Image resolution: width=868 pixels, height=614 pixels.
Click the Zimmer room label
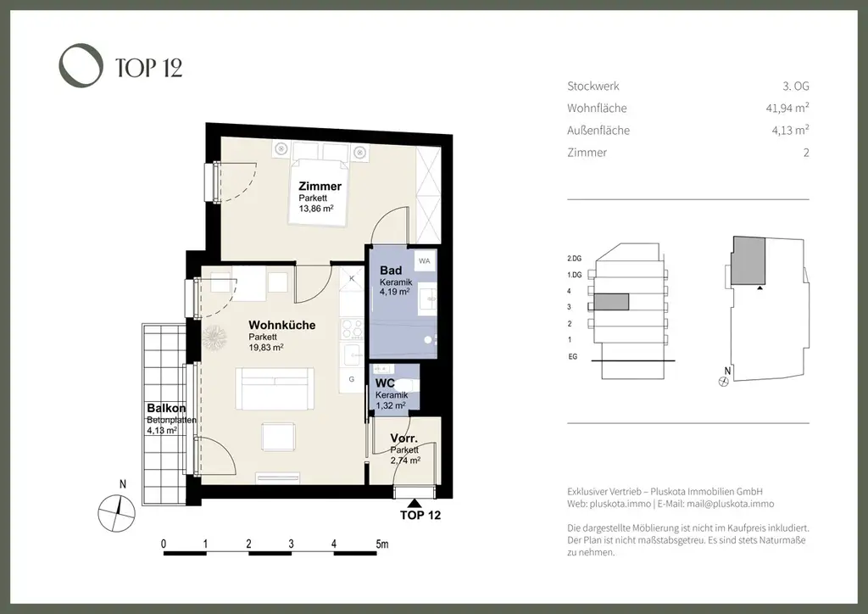pyautogui.click(x=320, y=186)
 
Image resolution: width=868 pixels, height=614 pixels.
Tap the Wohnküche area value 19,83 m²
pyautogui.click(x=265, y=347)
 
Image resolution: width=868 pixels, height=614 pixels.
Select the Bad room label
pyautogui.click(x=391, y=271)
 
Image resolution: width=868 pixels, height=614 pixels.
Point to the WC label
pyautogui.click(x=385, y=383)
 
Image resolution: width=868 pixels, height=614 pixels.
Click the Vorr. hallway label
pyautogui.click(x=404, y=438)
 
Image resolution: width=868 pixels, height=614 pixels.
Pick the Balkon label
pyautogui.click(x=166, y=409)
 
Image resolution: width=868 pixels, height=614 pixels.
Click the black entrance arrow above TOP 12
pyautogui.click(x=414, y=503)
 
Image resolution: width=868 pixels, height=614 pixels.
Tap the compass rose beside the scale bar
pyautogui.click(x=116, y=513)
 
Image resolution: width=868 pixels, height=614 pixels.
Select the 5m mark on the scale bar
pyautogui.click(x=382, y=544)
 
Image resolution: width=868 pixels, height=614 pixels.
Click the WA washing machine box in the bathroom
pyautogui.click(x=425, y=260)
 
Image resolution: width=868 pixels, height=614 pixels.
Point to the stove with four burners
pyautogui.click(x=352, y=329)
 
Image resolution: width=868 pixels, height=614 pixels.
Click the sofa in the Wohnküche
pyautogui.click(x=275, y=388)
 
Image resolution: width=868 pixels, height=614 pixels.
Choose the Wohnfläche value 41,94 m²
pyautogui.click(x=787, y=108)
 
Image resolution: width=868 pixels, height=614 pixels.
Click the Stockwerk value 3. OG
pyautogui.click(x=796, y=86)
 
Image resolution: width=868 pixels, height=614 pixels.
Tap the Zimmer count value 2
pyautogui.click(x=807, y=153)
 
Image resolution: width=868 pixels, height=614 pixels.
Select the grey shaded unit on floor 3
pyautogui.click(x=612, y=302)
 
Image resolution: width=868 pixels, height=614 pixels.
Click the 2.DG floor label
pyautogui.click(x=575, y=259)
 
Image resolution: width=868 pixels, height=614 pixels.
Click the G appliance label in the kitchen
pyautogui.click(x=352, y=379)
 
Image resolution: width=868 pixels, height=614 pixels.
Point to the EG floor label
pyautogui.click(x=573, y=356)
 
